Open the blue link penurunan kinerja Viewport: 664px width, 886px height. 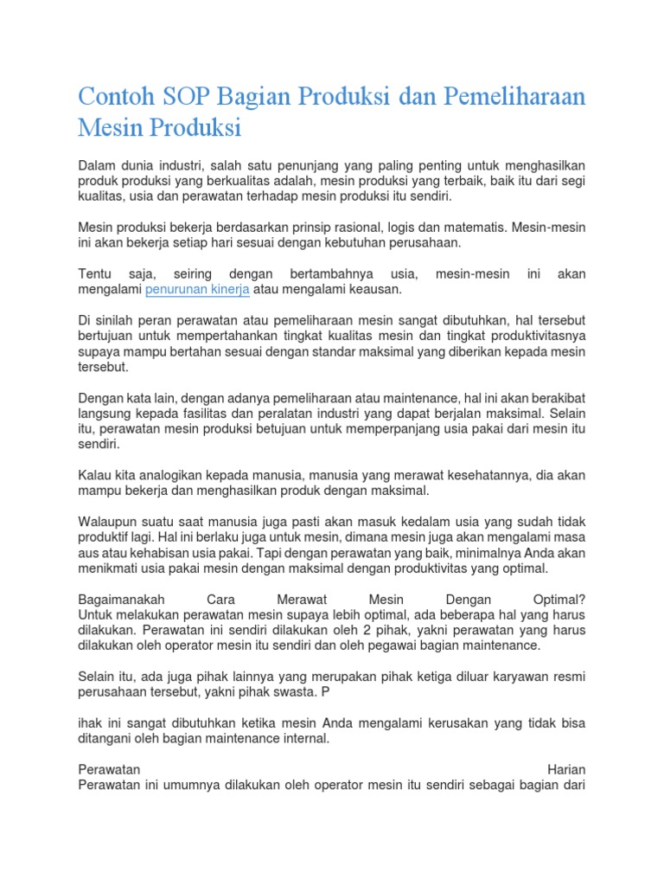(x=197, y=290)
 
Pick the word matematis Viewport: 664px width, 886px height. (x=469, y=228)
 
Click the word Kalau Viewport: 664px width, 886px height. (x=95, y=475)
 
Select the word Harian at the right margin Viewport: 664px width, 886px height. (x=566, y=769)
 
